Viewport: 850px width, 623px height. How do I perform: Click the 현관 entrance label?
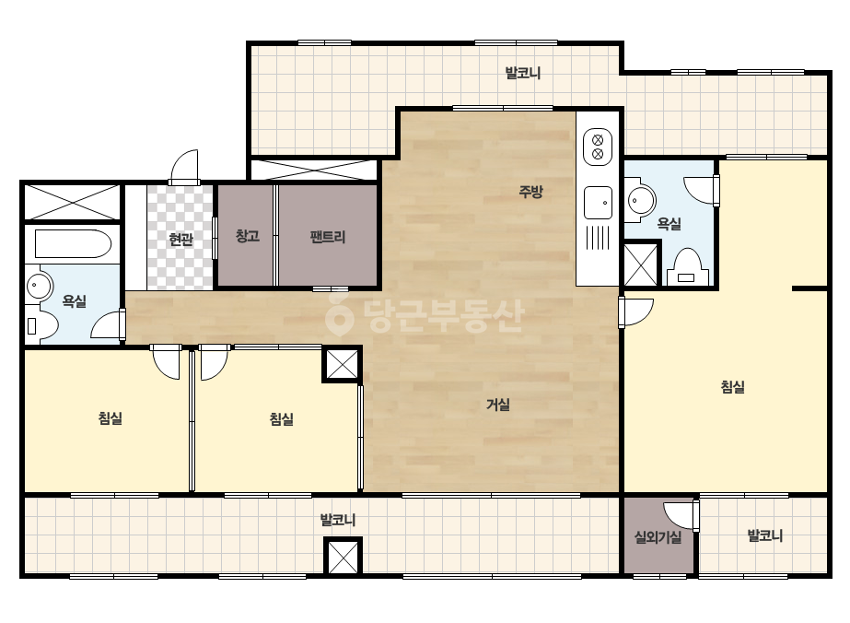(180, 239)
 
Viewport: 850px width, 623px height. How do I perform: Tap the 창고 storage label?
(248, 236)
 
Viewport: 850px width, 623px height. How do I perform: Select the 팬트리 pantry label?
(328, 237)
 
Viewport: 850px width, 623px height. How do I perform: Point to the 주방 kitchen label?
(530, 191)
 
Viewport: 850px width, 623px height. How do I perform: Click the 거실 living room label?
(497, 405)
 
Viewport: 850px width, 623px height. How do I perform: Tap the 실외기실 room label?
(658, 537)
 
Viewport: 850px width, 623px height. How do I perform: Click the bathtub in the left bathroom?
(73, 243)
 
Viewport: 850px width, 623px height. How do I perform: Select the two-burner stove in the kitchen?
(598, 147)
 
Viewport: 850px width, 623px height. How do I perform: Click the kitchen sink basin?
(598, 203)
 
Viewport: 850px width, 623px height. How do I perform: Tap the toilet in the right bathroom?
(687, 267)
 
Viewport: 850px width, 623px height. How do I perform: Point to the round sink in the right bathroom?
(641, 201)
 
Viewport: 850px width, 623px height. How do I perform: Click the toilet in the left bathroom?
(41, 325)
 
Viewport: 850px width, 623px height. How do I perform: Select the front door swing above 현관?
(184, 167)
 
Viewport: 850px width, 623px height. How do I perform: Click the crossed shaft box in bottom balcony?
(343, 557)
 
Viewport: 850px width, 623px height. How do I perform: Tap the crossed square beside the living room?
(342, 364)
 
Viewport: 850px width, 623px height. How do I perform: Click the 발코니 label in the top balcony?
(523, 73)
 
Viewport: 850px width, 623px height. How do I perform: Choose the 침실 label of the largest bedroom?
(732, 387)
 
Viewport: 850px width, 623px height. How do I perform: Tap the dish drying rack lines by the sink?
(598, 238)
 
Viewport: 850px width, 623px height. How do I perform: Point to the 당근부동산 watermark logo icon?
(339, 315)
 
